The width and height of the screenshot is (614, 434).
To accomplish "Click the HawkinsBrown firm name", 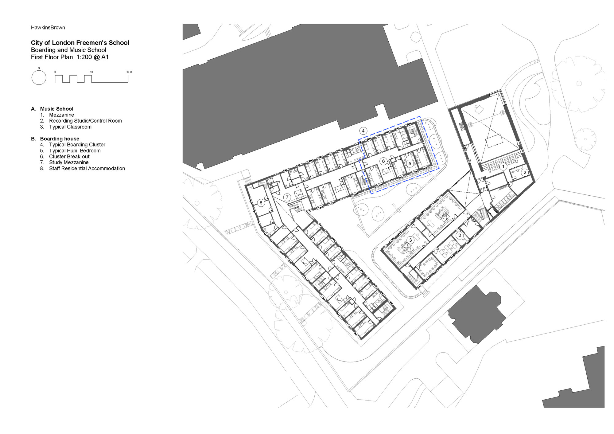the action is tap(48, 28).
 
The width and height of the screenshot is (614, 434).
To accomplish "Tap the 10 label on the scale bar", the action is tap(91, 72).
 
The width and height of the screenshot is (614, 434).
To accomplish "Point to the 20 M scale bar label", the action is tap(129, 72).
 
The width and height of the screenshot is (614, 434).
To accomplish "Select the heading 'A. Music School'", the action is tap(52, 109).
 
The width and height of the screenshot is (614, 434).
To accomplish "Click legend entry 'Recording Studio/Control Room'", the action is tap(85, 121).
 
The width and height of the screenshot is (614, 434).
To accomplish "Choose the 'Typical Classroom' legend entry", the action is tap(70, 127).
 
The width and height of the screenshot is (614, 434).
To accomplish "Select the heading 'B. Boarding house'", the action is tap(55, 139).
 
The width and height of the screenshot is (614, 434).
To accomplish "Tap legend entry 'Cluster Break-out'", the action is tap(69, 157).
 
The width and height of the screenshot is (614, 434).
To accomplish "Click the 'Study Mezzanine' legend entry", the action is tap(69, 162).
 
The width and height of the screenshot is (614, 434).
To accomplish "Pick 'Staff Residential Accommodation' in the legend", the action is tap(87, 169).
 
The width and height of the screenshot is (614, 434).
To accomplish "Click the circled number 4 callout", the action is tap(363, 131).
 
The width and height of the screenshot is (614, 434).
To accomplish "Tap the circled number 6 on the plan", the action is tap(383, 161).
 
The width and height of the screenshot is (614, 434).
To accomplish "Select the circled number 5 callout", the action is tap(410, 164).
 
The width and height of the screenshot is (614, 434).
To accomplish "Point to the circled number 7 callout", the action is tap(287, 197).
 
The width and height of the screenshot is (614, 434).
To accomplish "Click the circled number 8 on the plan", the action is tap(261, 203).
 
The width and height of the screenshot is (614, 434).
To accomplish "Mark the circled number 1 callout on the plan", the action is tap(503, 166).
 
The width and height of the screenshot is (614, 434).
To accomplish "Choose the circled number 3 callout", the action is tap(410, 240).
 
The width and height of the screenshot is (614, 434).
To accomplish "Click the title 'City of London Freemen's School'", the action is tap(80, 43).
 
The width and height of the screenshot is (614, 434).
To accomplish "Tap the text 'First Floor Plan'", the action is tap(52, 57).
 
